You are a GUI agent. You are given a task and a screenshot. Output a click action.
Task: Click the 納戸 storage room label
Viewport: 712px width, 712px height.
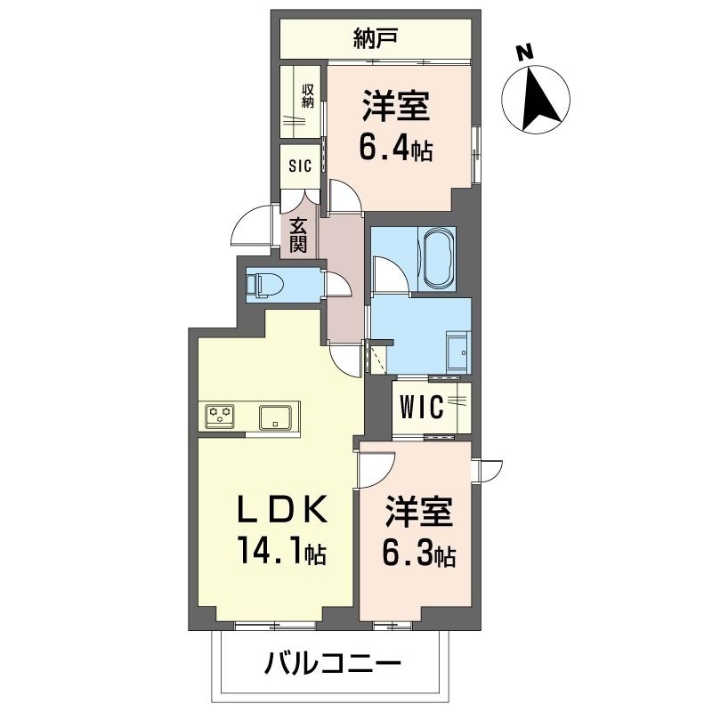(x=375, y=37)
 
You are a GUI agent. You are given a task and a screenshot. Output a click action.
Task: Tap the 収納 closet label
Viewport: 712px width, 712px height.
(x=308, y=94)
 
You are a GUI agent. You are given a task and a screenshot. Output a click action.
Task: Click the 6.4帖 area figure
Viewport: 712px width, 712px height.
(x=395, y=147)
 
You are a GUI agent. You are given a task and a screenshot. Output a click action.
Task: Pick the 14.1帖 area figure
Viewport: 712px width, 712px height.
(x=279, y=553)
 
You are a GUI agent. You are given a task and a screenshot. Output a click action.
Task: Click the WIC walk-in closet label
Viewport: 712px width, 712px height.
(x=421, y=408)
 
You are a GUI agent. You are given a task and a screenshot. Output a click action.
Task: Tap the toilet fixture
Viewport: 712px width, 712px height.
(x=266, y=285)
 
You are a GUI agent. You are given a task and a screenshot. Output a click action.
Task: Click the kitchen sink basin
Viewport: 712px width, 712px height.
(x=274, y=415)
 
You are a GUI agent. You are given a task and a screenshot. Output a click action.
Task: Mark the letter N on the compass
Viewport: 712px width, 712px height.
(x=526, y=53)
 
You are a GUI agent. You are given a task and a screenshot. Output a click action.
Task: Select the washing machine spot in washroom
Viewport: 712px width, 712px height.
(x=457, y=353)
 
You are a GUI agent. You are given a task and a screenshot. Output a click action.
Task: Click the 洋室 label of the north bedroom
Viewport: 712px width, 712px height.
(x=395, y=108)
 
